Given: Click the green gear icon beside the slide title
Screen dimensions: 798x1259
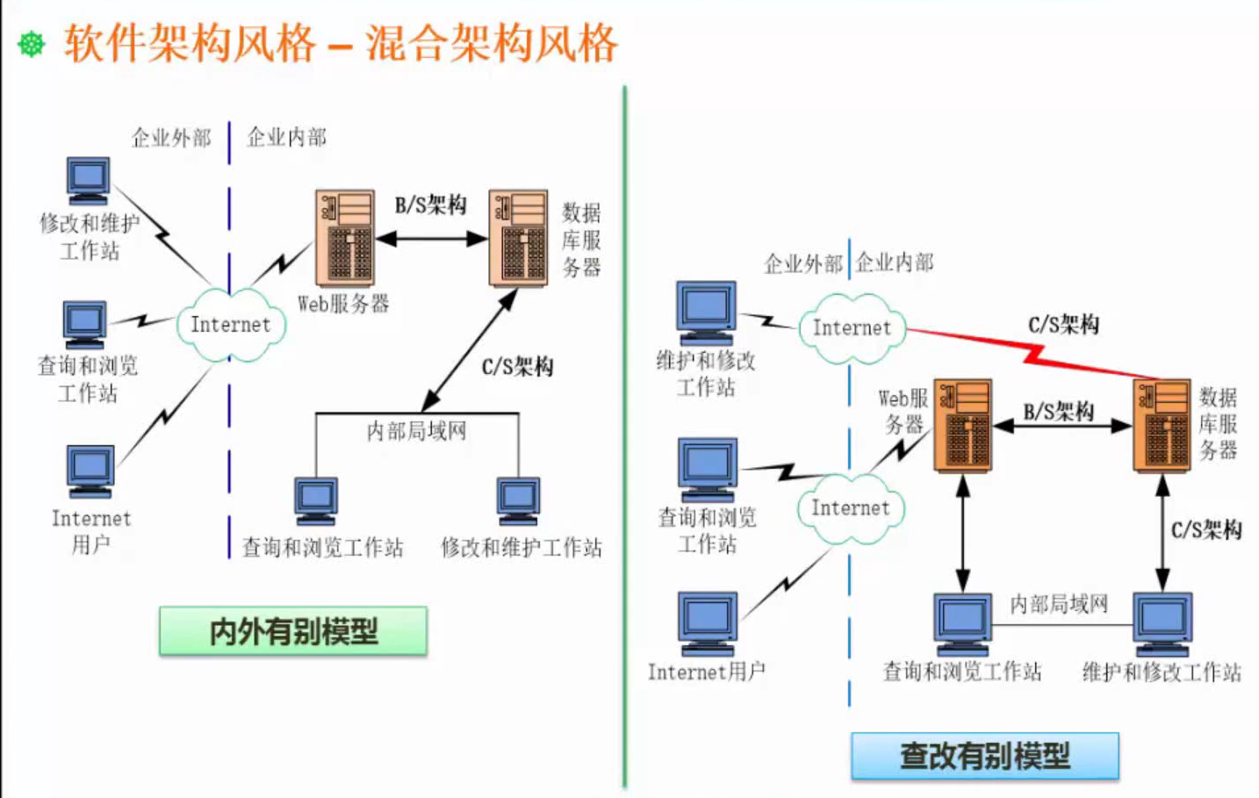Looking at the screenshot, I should coord(32,43).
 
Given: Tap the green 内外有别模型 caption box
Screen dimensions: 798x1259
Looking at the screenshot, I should coord(293,631).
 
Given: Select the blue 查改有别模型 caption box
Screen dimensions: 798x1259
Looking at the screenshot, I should coord(984,756).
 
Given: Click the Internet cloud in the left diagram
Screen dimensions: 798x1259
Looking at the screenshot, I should coord(231,325).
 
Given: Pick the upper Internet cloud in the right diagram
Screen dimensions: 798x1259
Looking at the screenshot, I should coord(851,328).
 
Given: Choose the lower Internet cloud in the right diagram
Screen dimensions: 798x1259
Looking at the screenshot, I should coord(850,508).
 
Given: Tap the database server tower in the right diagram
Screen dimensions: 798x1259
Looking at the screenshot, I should coord(1161,425).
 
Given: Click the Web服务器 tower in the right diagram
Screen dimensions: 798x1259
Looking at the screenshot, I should coord(962,425).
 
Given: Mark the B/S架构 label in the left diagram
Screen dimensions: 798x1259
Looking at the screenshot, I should coord(430,205).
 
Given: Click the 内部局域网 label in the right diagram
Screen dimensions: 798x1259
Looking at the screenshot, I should coord(1059,604).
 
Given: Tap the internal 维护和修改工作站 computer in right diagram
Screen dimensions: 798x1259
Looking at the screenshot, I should coord(1162,623).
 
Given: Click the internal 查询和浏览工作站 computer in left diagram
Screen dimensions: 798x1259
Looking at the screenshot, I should coord(316,501).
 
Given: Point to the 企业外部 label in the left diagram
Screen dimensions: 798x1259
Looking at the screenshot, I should coord(171,138).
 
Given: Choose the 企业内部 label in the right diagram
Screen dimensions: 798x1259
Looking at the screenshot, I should coord(895,262).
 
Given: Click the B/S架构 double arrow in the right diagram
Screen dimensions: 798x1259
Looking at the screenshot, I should coord(1061,427).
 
